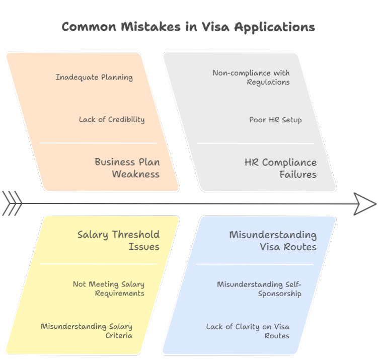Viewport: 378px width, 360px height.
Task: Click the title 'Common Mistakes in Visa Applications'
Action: point(188,27)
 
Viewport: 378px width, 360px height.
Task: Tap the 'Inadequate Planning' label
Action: point(94,77)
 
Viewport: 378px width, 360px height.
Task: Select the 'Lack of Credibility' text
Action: point(112,119)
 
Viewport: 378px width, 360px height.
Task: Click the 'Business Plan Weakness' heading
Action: point(127,168)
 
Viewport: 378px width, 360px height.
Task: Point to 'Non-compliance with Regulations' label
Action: point(251,78)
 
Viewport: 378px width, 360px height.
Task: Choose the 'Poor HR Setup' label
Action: point(275,120)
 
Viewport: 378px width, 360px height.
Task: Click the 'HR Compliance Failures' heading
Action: point(281,168)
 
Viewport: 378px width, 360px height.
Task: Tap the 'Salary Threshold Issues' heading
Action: point(118,240)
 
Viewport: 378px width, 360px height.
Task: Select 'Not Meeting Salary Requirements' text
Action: point(109,289)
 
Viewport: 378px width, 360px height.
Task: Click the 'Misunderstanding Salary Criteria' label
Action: point(87,331)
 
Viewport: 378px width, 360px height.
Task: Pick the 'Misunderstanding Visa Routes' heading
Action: point(273,241)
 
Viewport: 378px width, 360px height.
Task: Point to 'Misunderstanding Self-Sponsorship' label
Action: point(259,289)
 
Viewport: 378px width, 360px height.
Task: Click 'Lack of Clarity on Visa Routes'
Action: point(248,331)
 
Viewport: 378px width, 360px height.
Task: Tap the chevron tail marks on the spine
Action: point(12,203)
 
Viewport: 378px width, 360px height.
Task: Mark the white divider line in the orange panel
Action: point(98,143)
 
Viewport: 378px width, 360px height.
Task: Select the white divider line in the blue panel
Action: point(255,264)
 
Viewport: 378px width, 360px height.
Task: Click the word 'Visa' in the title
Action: point(215,27)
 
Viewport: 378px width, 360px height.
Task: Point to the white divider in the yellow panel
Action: point(98,264)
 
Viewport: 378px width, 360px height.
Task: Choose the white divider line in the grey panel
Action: point(256,143)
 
